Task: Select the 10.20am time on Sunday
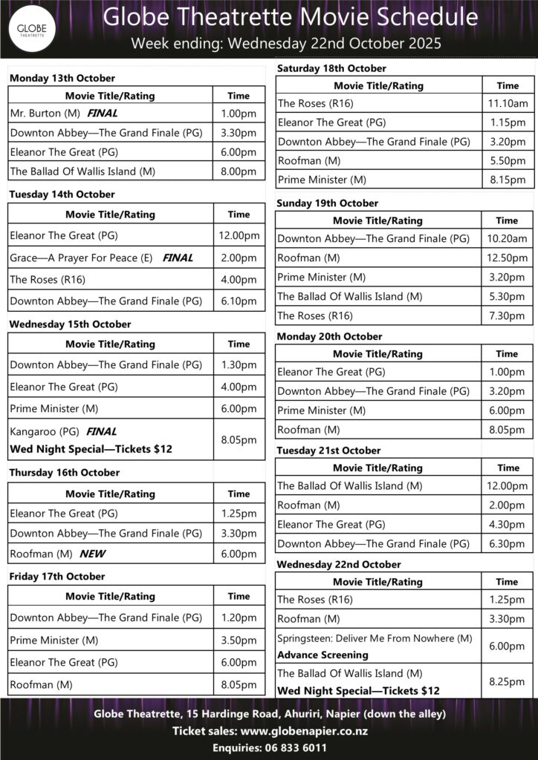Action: [508, 238]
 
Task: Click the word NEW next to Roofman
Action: [93, 554]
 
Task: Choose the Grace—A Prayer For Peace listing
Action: [81, 258]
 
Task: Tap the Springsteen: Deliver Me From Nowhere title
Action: [375, 638]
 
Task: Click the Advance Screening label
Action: [323, 655]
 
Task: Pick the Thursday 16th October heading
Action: [64, 472]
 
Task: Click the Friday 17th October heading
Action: [56, 576]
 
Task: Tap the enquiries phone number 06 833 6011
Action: [296, 747]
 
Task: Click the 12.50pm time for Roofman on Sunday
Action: [508, 258]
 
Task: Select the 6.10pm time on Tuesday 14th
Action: [239, 301]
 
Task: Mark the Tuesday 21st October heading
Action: [328, 451]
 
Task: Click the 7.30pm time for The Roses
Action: [508, 315]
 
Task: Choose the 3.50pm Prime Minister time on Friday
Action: [239, 640]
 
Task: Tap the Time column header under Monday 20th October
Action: [508, 354]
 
